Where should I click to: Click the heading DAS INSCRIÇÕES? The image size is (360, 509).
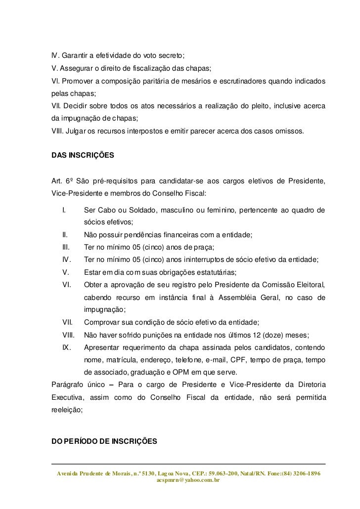83,155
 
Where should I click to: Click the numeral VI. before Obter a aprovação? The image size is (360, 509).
66,285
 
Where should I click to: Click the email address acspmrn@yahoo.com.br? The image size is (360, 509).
188,479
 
